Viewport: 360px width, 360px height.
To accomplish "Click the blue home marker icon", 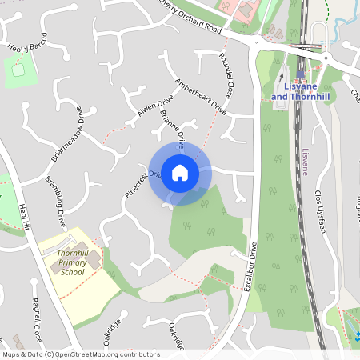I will tap(180, 172).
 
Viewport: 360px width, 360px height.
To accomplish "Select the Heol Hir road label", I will tap(25, 216).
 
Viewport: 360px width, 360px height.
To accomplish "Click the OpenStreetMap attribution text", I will tap(80, 354).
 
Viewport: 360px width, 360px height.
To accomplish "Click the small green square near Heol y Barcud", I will tap(20, 73).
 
